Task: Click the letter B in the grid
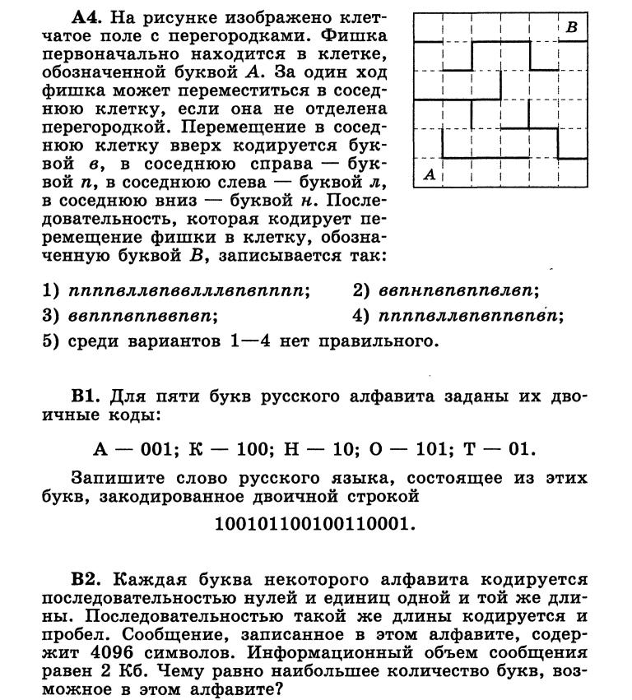tap(572, 27)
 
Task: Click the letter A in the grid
tap(429, 174)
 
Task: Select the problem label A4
tap(86, 16)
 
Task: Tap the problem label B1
tap(86, 396)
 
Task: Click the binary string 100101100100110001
tap(315, 523)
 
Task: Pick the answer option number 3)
tap(52, 315)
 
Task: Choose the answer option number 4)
tap(363, 315)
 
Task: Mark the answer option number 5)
tap(52, 341)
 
